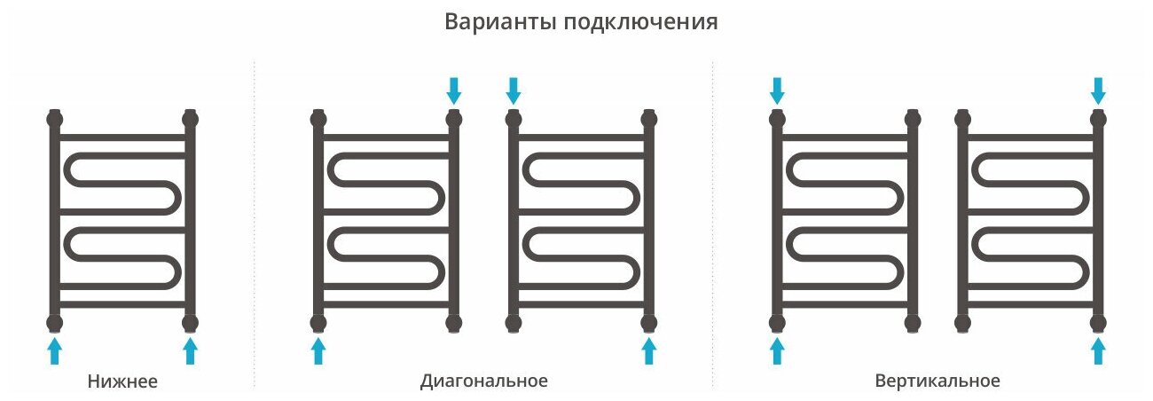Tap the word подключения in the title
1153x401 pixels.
tap(639, 23)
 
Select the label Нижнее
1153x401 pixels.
tap(122, 382)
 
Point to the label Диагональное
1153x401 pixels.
tap(484, 381)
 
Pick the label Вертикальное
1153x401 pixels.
tap(937, 381)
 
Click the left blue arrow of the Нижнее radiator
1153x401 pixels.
tap(55, 350)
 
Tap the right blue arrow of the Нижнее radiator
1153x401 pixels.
tap(189, 350)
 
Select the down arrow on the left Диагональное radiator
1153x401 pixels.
tap(454, 90)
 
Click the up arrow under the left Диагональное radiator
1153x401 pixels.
tap(318, 350)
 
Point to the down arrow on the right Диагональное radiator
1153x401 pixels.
tap(514, 90)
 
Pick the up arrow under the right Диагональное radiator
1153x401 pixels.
tap(648, 350)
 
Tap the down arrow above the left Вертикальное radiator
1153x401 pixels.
tap(777, 90)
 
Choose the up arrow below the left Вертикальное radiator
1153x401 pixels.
tap(777, 350)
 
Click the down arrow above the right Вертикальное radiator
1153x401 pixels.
tap(1099, 90)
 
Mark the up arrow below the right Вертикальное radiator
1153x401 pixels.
tap(1099, 350)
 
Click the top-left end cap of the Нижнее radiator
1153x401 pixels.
tap(55, 118)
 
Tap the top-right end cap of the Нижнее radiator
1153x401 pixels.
tap(189, 118)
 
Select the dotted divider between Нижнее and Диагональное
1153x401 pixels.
tap(255, 222)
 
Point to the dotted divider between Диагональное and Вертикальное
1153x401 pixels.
tap(712, 222)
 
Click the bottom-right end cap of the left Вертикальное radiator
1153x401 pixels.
tap(912, 322)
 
